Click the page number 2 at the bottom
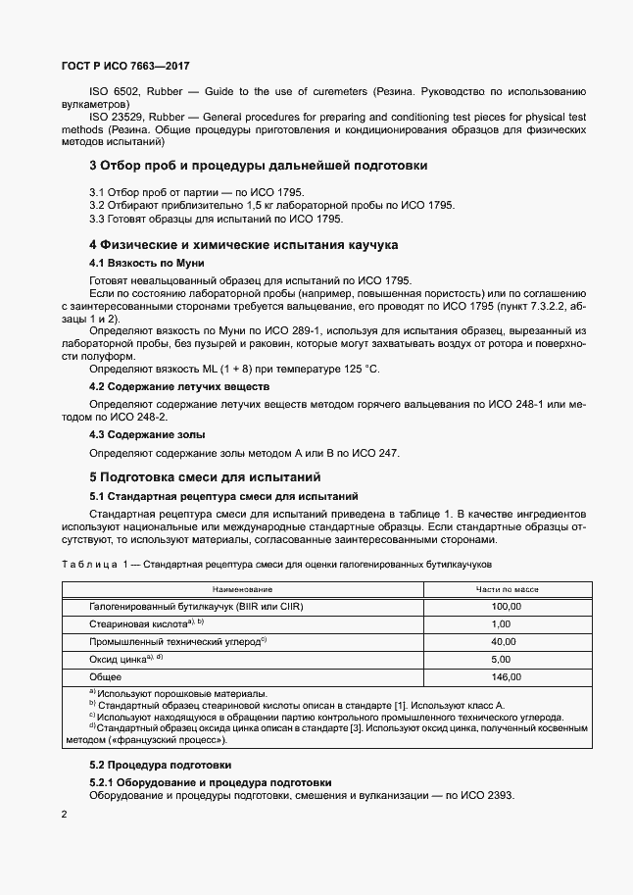pyautogui.click(x=64, y=815)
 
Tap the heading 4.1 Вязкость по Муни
pyautogui.click(x=146, y=264)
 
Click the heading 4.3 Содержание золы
pyautogui.click(x=147, y=434)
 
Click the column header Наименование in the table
pyautogui.click(x=243, y=589)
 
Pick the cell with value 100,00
pyautogui.click(x=507, y=606)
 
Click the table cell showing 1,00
pyautogui.click(x=502, y=623)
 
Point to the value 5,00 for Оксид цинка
pyautogui.click(x=502, y=659)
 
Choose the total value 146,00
pyautogui.click(x=507, y=676)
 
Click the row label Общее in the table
pyautogui.click(x=106, y=676)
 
